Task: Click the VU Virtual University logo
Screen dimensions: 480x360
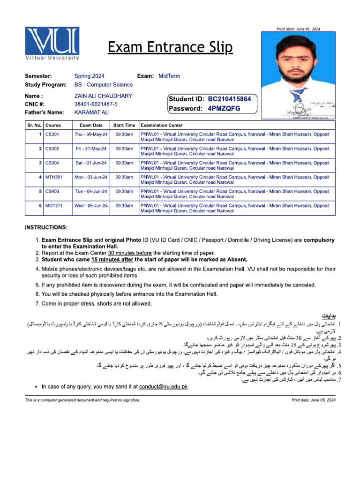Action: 52,44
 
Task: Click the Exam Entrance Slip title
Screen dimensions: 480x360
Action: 170,47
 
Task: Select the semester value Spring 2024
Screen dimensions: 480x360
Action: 89,76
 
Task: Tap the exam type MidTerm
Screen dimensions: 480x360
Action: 169,76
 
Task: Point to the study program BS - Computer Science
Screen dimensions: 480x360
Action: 103,85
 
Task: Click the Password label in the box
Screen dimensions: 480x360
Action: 186,108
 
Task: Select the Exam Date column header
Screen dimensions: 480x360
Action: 91,125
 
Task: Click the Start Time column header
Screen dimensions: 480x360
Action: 124,125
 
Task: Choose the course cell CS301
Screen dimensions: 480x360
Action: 52,134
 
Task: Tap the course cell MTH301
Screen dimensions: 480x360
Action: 54,177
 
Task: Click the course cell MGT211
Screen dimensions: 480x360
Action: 54,205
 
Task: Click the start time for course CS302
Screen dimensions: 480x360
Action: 124,149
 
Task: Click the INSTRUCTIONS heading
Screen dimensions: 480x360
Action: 46,227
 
